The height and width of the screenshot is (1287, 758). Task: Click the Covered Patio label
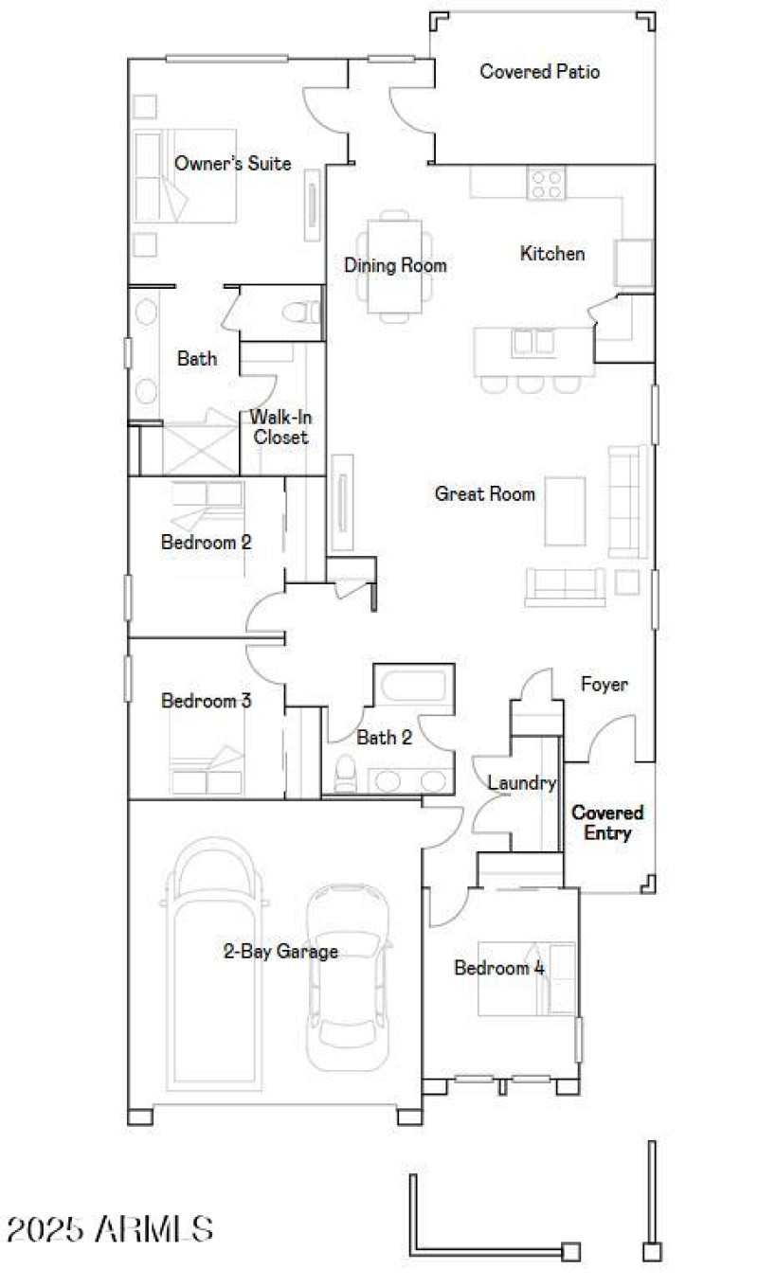539,72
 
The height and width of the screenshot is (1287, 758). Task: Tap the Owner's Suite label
232,164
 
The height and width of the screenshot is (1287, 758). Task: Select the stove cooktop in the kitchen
547,182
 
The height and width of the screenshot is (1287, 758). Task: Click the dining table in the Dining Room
394,265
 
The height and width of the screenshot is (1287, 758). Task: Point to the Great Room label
484,493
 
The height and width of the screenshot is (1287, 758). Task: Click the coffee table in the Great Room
565,511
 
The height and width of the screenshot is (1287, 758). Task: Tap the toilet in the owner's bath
304,312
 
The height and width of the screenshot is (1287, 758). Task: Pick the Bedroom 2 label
206,543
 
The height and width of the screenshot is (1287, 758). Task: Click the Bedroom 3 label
206,702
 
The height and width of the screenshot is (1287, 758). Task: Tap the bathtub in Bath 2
415,686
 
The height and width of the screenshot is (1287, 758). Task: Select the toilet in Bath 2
345,774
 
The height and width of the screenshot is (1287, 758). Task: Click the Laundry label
520,783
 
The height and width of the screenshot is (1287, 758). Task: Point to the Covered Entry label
607,823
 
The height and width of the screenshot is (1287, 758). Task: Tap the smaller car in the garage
349,966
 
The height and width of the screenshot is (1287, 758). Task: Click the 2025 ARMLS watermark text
109,1229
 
